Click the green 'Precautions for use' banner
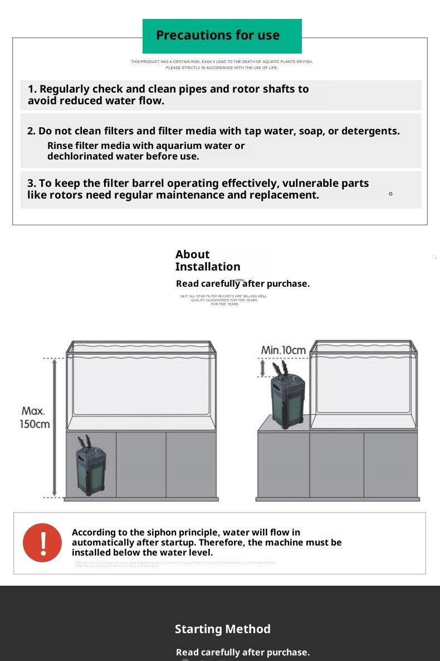click(222, 36)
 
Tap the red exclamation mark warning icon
click(42, 542)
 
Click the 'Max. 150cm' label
click(35, 417)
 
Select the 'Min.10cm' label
click(283, 350)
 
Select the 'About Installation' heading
click(207, 260)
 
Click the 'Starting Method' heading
click(223, 629)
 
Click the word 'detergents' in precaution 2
click(370, 131)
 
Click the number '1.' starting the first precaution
click(32, 89)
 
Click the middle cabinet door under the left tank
click(141, 464)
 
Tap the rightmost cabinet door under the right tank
click(390, 464)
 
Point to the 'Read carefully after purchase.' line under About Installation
click(243, 284)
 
